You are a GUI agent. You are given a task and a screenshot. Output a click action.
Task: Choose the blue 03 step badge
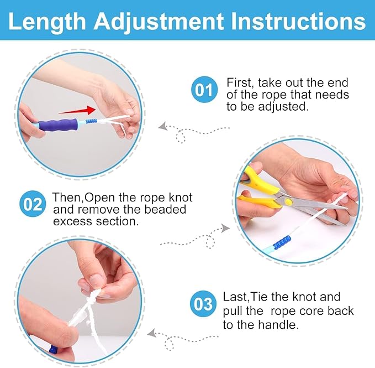click(x=204, y=304)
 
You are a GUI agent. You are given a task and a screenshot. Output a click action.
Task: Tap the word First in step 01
click(x=239, y=82)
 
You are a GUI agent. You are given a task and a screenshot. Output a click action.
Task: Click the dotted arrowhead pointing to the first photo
click(x=162, y=127)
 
